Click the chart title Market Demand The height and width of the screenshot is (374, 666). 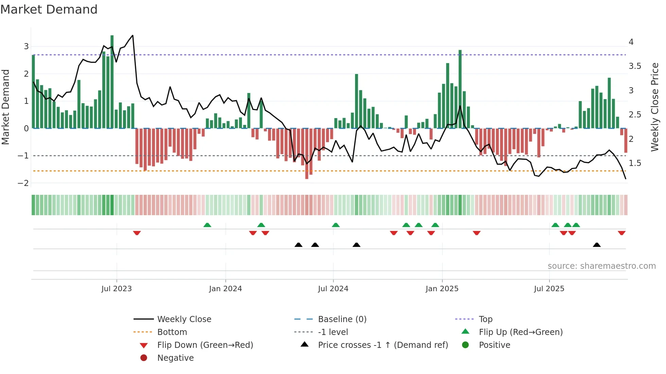click(49, 10)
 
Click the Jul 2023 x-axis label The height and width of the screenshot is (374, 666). click(117, 289)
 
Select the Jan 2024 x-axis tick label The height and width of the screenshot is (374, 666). click(225, 289)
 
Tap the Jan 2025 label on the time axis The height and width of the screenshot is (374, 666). click(442, 289)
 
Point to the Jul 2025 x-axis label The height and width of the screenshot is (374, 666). click(549, 289)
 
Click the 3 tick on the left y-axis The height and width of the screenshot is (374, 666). click(26, 46)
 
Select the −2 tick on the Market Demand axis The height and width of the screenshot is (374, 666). click(23, 183)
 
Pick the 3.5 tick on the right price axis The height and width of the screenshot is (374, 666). click(635, 66)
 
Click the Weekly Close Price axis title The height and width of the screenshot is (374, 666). click(655, 107)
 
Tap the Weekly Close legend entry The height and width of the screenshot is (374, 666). click(184, 319)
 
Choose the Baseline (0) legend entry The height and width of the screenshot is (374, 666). click(342, 319)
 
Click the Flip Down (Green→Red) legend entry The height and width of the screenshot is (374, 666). click(205, 345)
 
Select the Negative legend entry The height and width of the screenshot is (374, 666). click(175, 358)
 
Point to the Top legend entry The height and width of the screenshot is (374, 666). click(485, 319)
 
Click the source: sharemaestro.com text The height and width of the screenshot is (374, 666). click(601, 266)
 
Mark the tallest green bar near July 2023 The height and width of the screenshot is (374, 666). click(112, 81)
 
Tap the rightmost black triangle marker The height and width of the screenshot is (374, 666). click(597, 245)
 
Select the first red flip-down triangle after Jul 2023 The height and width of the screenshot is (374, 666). click(137, 233)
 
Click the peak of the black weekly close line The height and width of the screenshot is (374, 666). click(133, 35)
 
